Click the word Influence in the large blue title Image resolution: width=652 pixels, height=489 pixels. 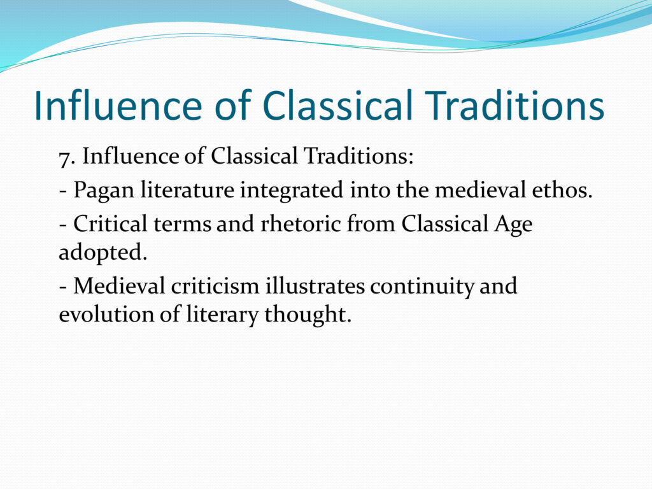[x=118, y=105]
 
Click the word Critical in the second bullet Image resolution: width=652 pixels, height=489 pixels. [x=110, y=223]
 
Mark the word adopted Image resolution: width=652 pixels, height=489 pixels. [x=103, y=252]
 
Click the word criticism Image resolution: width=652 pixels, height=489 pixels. [x=215, y=286]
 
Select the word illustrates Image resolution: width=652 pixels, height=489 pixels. [x=315, y=286]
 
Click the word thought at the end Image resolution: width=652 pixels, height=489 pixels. [x=308, y=315]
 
